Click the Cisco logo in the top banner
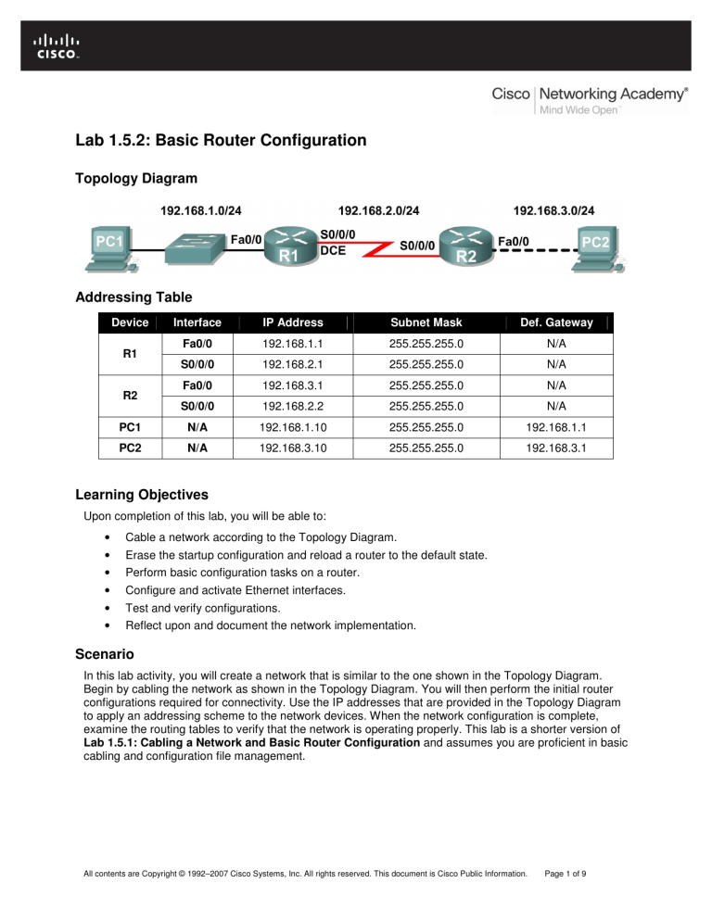tap(57, 45)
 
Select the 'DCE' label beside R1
tap(333, 250)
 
